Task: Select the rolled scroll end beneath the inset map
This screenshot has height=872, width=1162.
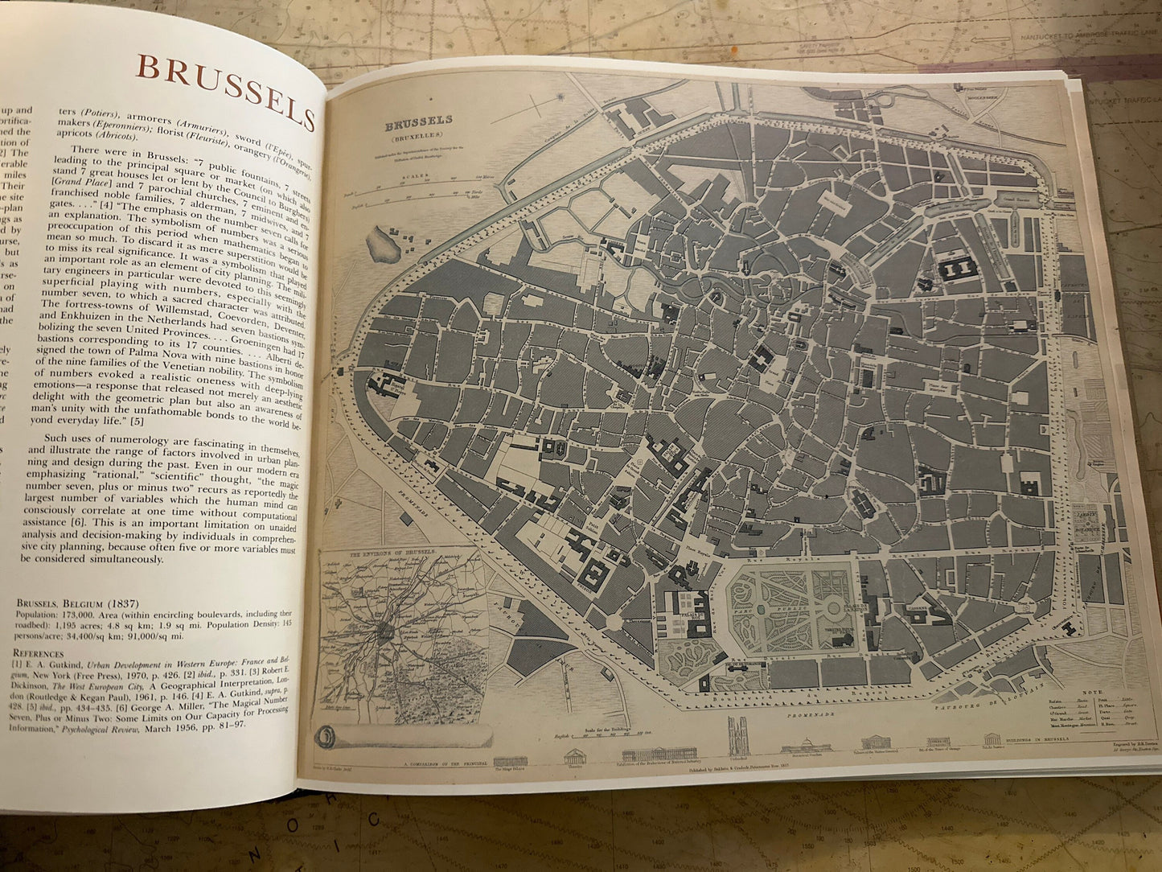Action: point(328,737)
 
